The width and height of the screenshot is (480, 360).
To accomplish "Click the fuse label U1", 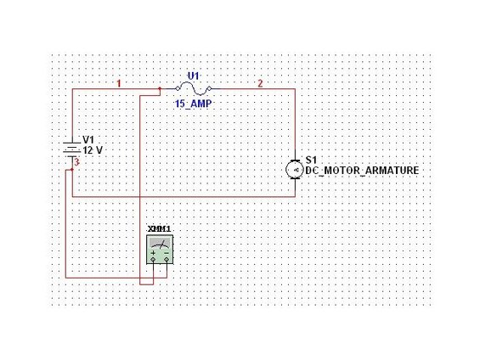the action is pyautogui.click(x=193, y=76).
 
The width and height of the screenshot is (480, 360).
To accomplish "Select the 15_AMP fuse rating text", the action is pyautogui.click(x=193, y=104).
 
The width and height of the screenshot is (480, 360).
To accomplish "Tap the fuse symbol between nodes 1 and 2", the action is pyautogui.click(x=193, y=88).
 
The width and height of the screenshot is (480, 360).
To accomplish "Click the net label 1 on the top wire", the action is pyautogui.click(x=119, y=83).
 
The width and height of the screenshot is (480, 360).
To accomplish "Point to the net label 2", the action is pyautogui.click(x=260, y=83).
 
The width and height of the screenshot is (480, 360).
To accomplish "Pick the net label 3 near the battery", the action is pyautogui.click(x=76, y=162).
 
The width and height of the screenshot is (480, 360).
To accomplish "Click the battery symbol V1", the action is pyautogui.click(x=72, y=150).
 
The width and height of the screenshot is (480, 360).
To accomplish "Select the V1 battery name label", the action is pyautogui.click(x=88, y=140).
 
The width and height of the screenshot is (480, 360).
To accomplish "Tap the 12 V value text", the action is pyautogui.click(x=93, y=150).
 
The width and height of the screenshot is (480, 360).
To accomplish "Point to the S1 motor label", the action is pyautogui.click(x=311, y=160).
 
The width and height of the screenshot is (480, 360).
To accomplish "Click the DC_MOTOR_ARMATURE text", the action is pyautogui.click(x=362, y=171).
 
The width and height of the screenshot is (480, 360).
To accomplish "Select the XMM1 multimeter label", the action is pyautogui.click(x=159, y=229).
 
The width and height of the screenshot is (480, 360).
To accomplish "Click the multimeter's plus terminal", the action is pyautogui.click(x=153, y=260).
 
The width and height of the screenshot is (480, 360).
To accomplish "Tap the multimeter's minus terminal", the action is pyautogui.click(x=167, y=260).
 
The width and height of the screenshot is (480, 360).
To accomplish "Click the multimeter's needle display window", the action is pyautogui.click(x=160, y=243).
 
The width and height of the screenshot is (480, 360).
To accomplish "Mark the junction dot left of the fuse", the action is pyautogui.click(x=160, y=88).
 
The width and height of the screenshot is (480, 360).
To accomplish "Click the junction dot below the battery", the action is pyautogui.click(x=72, y=170).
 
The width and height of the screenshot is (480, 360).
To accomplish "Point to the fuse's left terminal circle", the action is pyautogui.click(x=178, y=88).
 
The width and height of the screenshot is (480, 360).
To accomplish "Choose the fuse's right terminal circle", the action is pyautogui.click(x=209, y=88).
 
